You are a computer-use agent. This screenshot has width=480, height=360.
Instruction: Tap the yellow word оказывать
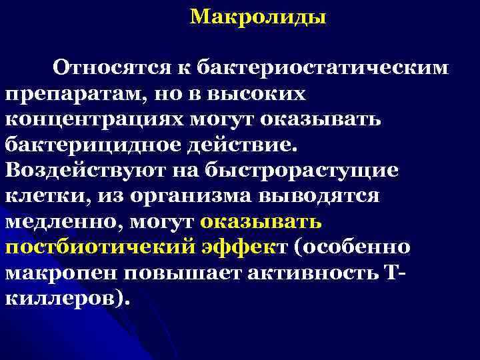pos(261,221)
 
